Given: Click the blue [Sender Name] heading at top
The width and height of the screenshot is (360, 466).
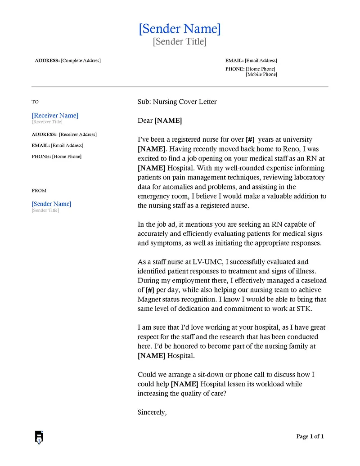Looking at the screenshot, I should (x=180, y=29).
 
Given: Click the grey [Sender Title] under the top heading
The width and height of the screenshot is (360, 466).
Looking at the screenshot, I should (x=180, y=42).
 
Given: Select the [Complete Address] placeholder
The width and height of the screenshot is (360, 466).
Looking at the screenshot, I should (x=81, y=61).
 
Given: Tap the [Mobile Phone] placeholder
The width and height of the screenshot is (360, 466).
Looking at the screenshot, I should (x=261, y=74).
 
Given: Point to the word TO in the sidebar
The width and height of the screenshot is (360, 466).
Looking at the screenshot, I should (x=35, y=102).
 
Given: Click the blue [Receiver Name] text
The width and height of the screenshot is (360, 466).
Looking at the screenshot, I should (x=55, y=116).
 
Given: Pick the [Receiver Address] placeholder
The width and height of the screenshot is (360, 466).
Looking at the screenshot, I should (x=78, y=134).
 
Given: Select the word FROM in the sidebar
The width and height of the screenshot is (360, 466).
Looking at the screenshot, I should (x=39, y=191).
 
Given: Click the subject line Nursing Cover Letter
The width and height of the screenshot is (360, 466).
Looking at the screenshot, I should (x=184, y=102).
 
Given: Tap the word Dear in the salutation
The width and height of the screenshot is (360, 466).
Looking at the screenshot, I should (x=145, y=121).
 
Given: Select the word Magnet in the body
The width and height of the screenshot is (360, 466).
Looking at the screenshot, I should (x=149, y=299).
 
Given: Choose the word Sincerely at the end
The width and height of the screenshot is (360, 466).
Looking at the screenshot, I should (x=152, y=412).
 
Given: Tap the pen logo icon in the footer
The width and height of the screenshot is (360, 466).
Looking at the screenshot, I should (x=39, y=437).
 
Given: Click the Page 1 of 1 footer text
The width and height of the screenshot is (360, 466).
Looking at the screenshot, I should (x=310, y=436).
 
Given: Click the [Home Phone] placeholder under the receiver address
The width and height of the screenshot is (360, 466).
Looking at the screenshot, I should (x=67, y=157).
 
